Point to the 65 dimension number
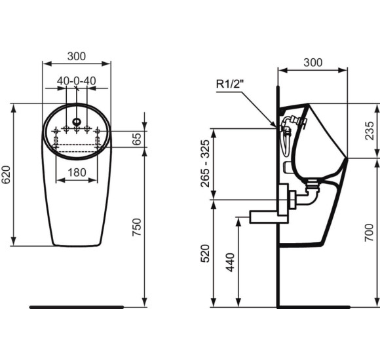point(137,139)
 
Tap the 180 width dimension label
point(77,173)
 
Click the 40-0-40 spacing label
point(77,81)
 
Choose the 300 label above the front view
point(77,56)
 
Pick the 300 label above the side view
point(313,62)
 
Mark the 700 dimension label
point(371,232)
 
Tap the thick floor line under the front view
point(77,306)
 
